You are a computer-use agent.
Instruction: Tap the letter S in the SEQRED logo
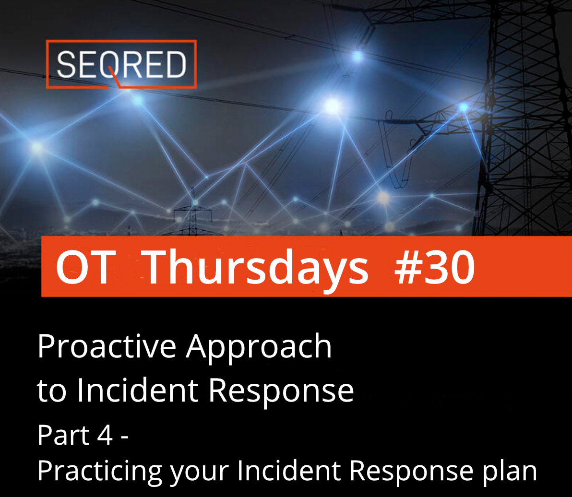point(66,65)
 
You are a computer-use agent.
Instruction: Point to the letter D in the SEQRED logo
point(174,65)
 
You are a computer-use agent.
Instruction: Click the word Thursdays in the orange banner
point(256,268)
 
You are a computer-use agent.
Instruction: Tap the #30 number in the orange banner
point(434,268)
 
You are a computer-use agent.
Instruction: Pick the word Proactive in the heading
point(107,347)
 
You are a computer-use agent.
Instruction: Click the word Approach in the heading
point(259,347)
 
